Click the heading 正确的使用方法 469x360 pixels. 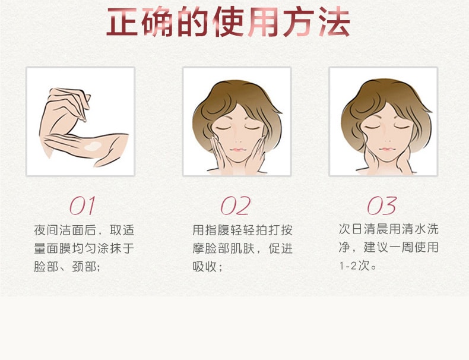tap(228, 22)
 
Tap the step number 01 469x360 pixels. tap(83, 206)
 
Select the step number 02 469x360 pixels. tap(236, 206)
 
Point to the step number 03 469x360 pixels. tap(382, 206)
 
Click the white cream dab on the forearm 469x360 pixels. tap(93, 146)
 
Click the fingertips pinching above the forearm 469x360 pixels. tap(84, 116)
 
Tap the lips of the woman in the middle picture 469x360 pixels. tap(238, 150)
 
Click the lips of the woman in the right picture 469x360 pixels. tap(386, 149)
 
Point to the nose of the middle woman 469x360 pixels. tap(239, 140)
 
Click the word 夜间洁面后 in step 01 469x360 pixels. tap(65, 230)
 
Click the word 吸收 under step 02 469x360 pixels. tap(205, 266)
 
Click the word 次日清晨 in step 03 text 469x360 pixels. tap(364, 229)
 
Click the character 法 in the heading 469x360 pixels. tap(334, 22)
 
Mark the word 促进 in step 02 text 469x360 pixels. tap(280, 248)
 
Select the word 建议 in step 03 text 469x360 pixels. tap(376, 248)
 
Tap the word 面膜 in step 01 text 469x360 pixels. tap(59, 248)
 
